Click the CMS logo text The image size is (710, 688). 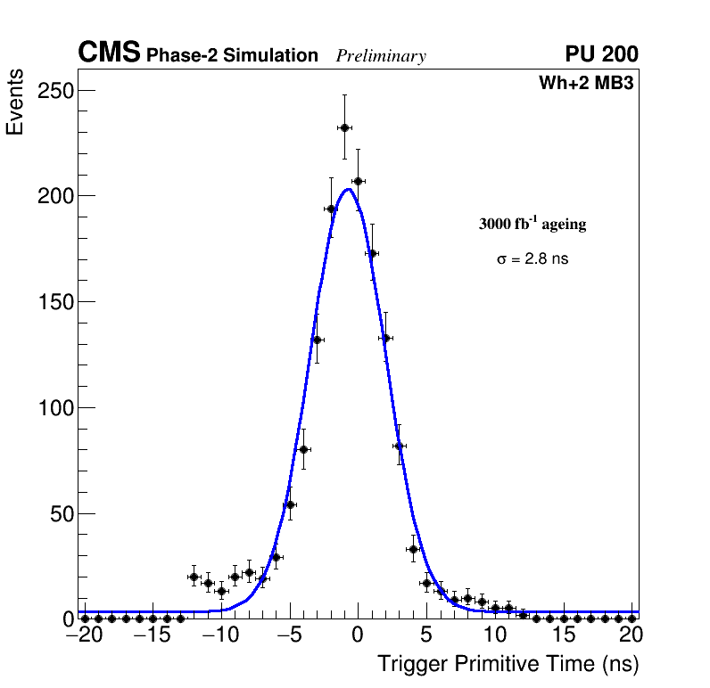(109, 53)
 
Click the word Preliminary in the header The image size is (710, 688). (381, 56)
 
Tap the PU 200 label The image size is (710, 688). (601, 54)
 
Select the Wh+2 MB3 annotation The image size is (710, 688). (586, 84)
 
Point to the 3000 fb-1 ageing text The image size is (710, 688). (532, 224)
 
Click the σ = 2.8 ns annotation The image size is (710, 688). (532, 259)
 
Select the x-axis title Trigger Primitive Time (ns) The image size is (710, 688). (508, 664)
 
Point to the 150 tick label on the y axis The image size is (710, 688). (55, 302)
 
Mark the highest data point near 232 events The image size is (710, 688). (344, 127)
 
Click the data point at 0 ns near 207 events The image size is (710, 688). (358, 181)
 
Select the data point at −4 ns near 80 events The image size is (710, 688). (303, 449)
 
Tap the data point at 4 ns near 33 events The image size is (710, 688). (413, 549)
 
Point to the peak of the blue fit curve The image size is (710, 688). (349, 189)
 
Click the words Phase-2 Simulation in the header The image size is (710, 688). (232, 56)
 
